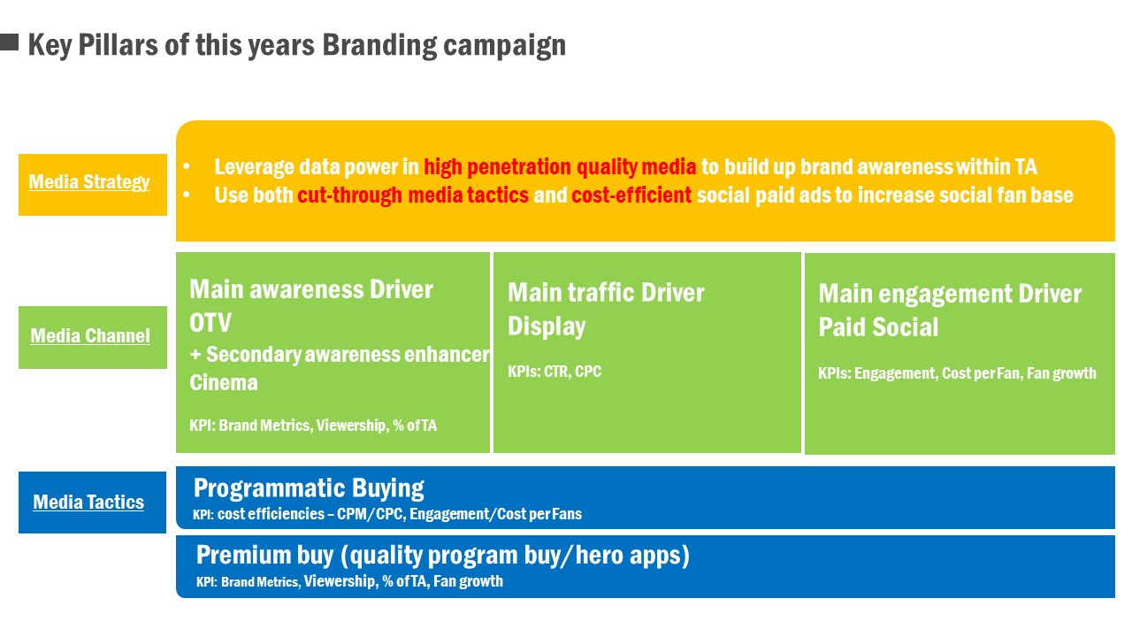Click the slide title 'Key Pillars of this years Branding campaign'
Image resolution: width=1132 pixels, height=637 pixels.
[x=297, y=45]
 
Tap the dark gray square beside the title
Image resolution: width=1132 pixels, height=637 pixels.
[x=9, y=42]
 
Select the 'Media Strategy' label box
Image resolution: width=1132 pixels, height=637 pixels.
[x=93, y=185]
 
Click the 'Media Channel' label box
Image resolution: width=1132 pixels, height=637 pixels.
[x=93, y=337]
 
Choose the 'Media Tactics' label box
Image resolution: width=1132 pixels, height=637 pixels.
[x=93, y=502]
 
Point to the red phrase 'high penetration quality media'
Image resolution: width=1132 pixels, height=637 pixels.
[x=560, y=167]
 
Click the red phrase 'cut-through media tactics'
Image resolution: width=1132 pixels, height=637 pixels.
[x=413, y=196]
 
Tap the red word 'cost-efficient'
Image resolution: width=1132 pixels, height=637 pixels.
[x=631, y=196]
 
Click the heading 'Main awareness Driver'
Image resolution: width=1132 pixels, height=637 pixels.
[x=311, y=289]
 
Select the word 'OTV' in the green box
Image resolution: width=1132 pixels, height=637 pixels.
[x=210, y=323]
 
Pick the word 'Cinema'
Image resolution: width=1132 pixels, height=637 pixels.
[x=224, y=382]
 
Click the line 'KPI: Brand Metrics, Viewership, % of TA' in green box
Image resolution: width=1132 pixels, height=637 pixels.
[x=313, y=426]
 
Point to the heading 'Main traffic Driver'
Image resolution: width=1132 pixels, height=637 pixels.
[x=606, y=293]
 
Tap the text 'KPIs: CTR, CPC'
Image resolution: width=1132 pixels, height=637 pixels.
[x=555, y=372]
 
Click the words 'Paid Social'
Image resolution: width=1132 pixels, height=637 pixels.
[x=878, y=327]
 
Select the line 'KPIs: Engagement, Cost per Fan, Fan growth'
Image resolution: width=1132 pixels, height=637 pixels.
[x=957, y=373]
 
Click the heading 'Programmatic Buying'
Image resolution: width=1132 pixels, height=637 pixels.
[x=309, y=488]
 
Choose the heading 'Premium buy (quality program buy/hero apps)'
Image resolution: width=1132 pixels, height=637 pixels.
[x=443, y=555]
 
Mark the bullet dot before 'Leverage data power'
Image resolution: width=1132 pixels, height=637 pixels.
[x=187, y=166]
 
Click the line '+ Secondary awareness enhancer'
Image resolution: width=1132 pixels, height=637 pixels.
[x=340, y=355]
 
